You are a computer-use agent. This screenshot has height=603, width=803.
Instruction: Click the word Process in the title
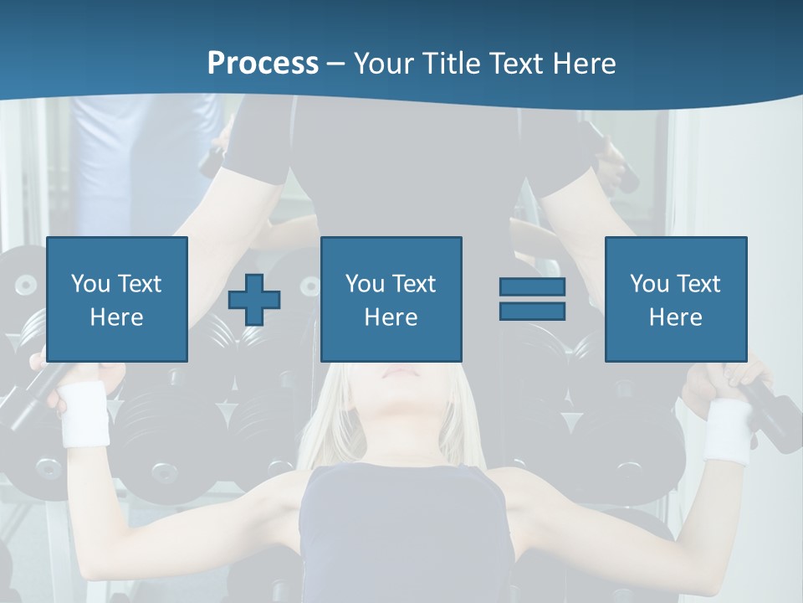(x=263, y=64)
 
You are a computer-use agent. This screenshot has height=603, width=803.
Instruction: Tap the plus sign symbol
(x=254, y=301)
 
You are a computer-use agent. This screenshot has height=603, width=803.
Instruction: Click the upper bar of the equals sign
(x=532, y=286)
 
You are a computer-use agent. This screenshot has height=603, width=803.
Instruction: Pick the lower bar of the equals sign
(x=532, y=311)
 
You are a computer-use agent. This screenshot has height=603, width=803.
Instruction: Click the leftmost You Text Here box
(x=116, y=299)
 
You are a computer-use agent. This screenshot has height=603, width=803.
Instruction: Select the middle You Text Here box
(x=391, y=299)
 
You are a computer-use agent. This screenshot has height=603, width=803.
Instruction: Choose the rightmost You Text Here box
(x=675, y=299)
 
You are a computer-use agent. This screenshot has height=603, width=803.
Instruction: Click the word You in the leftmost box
(x=90, y=284)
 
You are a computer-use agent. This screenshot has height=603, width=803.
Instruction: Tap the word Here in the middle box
(x=391, y=317)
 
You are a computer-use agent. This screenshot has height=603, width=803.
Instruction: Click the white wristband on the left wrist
(x=84, y=415)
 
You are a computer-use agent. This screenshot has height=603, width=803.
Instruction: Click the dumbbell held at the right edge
(x=774, y=410)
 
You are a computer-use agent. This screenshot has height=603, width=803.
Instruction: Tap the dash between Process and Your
(x=335, y=64)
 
